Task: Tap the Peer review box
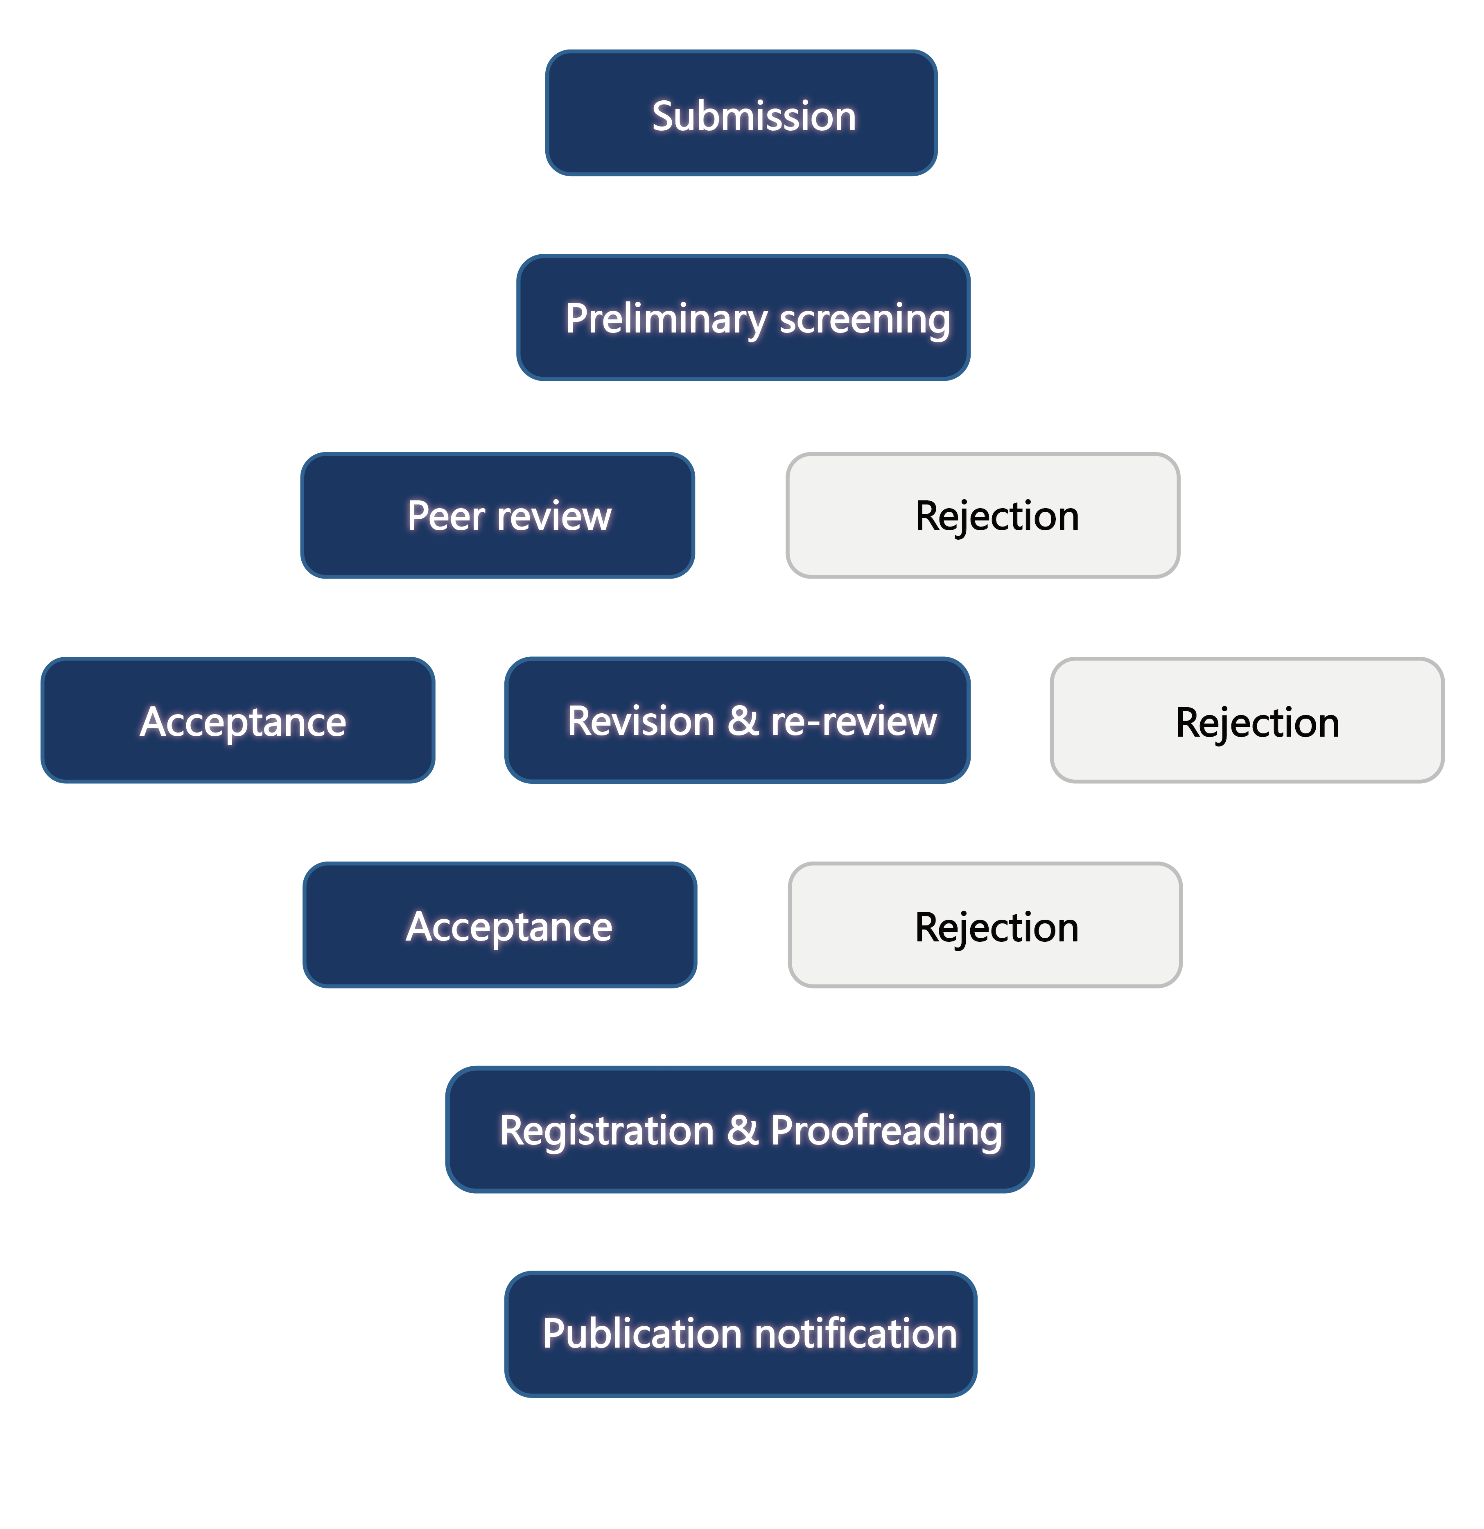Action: tap(497, 516)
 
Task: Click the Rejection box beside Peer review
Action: tap(983, 516)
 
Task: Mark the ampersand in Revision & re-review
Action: tap(742, 721)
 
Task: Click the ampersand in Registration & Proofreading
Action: tap(742, 1130)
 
